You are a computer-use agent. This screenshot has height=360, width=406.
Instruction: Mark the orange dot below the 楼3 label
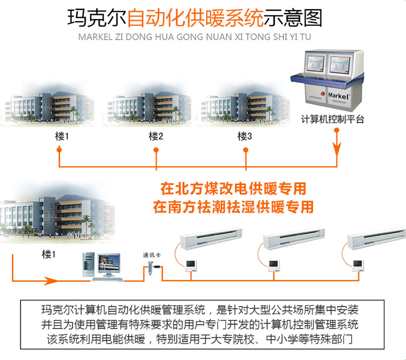[x=246, y=150]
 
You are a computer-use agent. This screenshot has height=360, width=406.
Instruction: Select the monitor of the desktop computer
[x=109, y=263]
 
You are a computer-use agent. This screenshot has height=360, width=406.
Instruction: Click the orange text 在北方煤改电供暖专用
[x=233, y=189]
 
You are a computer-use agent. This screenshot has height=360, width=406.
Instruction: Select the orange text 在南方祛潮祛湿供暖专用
[x=233, y=207]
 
